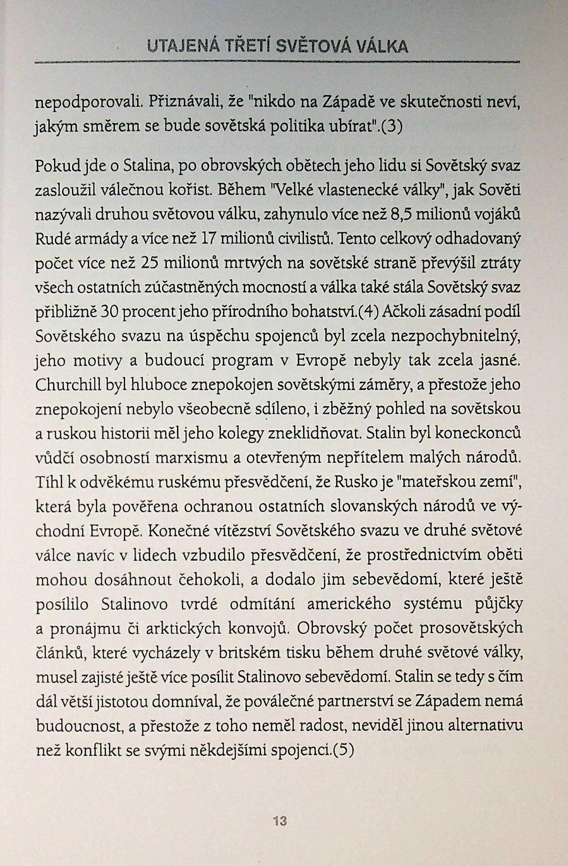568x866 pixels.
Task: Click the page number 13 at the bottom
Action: coord(279,821)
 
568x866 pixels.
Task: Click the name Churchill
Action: coord(68,384)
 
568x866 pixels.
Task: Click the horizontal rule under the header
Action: coord(277,63)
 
